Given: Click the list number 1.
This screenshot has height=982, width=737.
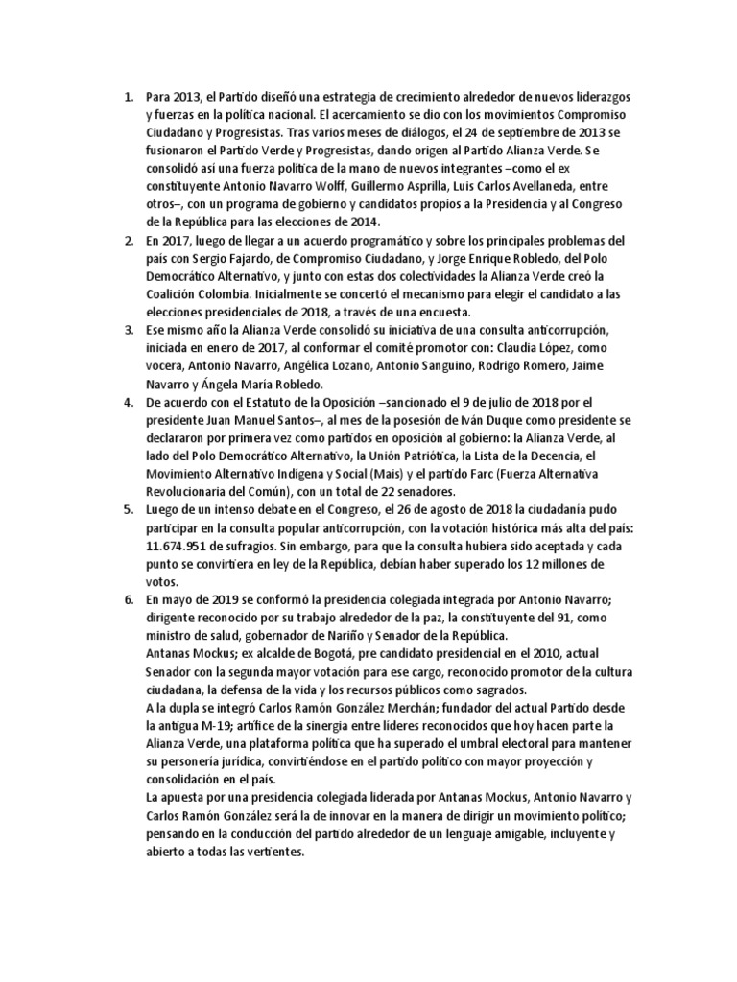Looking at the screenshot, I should pyautogui.click(x=128, y=99).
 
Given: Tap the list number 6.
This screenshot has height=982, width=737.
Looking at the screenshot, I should pyautogui.click(x=128, y=599).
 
